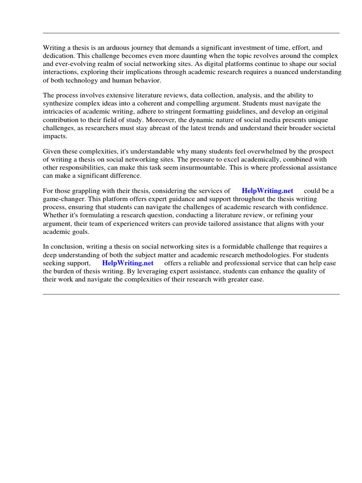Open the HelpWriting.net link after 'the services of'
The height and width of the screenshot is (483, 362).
(267, 191)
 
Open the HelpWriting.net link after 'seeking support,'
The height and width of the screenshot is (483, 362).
(128, 263)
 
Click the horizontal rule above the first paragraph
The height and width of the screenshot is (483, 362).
(191, 33)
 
